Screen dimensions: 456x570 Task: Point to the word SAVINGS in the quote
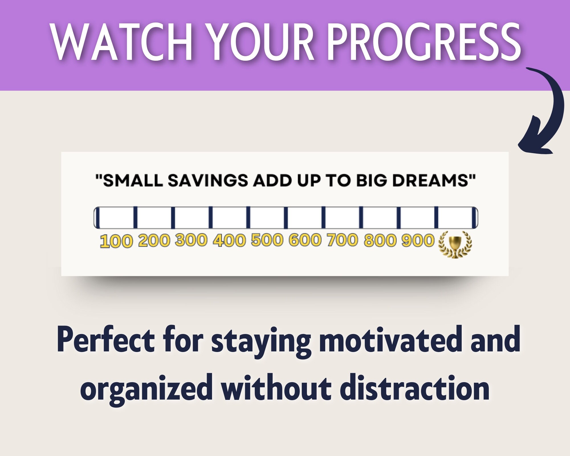coord(208,181)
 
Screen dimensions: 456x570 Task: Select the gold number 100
coord(116,241)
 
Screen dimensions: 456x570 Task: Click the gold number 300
coord(191,240)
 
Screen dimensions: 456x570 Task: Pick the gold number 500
coord(267,240)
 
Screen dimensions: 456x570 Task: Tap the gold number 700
coord(342,240)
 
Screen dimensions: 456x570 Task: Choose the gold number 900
coord(418,240)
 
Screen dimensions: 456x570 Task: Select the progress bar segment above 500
coord(267,218)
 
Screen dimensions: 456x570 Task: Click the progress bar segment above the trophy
coord(455,218)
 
